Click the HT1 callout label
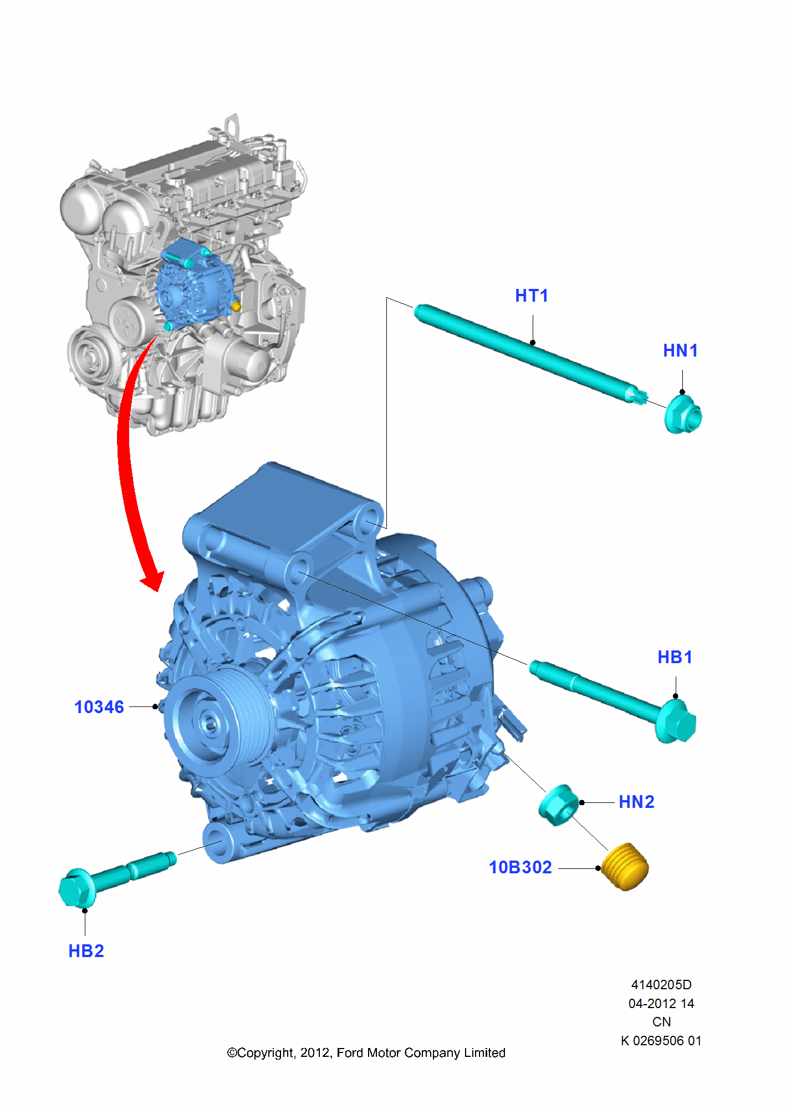point(531,296)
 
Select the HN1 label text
point(680,350)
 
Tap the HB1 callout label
point(675,657)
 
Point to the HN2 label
point(636,802)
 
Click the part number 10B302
point(520,867)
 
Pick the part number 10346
point(99,707)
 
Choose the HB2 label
point(86,951)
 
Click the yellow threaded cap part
point(625,867)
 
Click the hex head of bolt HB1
point(676,722)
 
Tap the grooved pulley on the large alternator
point(222,718)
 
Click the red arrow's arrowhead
point(152,580)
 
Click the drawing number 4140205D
point(661,985)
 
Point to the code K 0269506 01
point(661,1041)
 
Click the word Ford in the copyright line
point(350,1052)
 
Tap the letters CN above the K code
point(661,1022)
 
